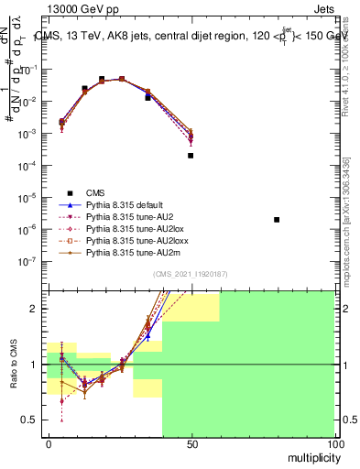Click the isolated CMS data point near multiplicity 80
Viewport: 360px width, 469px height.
(x=277, y=220)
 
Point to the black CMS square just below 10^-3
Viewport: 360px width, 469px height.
(x=191, y=156)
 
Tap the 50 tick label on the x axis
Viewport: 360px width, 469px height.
(x=191, y=445)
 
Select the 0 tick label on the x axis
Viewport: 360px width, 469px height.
(x=48, y=445)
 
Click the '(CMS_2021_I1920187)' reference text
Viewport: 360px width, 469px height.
(x=191, y=274)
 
